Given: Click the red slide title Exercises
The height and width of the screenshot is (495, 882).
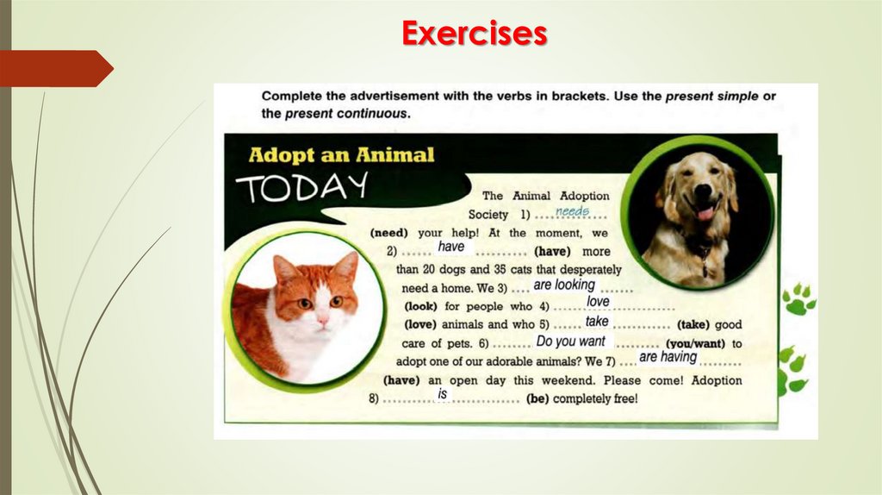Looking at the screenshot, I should (x=474, y=33).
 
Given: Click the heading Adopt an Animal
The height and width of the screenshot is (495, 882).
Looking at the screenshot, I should (x=341, y=155).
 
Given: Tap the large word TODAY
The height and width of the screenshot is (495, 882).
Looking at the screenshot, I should (x=301, y=187).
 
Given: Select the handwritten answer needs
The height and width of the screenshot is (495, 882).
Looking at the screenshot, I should (x=572, y=211).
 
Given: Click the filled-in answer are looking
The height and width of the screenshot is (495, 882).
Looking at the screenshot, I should (x=564, y=285).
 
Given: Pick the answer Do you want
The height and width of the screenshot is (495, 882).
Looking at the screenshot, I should (x=570, y=341).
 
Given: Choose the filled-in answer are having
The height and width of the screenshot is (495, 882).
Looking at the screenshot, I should (x=668, y=357).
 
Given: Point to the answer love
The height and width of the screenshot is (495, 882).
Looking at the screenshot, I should (x=598, y=302).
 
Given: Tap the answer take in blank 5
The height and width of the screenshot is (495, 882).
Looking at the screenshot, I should (x=596, y=321).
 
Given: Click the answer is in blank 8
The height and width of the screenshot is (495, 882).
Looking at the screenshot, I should (x=443, y=394).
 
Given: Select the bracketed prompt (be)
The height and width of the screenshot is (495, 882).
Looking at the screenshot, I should (x=536, y=398).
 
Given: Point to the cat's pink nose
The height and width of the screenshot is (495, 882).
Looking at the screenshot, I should (x=322, y=317).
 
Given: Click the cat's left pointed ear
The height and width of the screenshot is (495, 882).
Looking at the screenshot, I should (x=284, y=268).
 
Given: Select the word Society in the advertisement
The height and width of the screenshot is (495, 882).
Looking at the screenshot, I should (x=488, y=214).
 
